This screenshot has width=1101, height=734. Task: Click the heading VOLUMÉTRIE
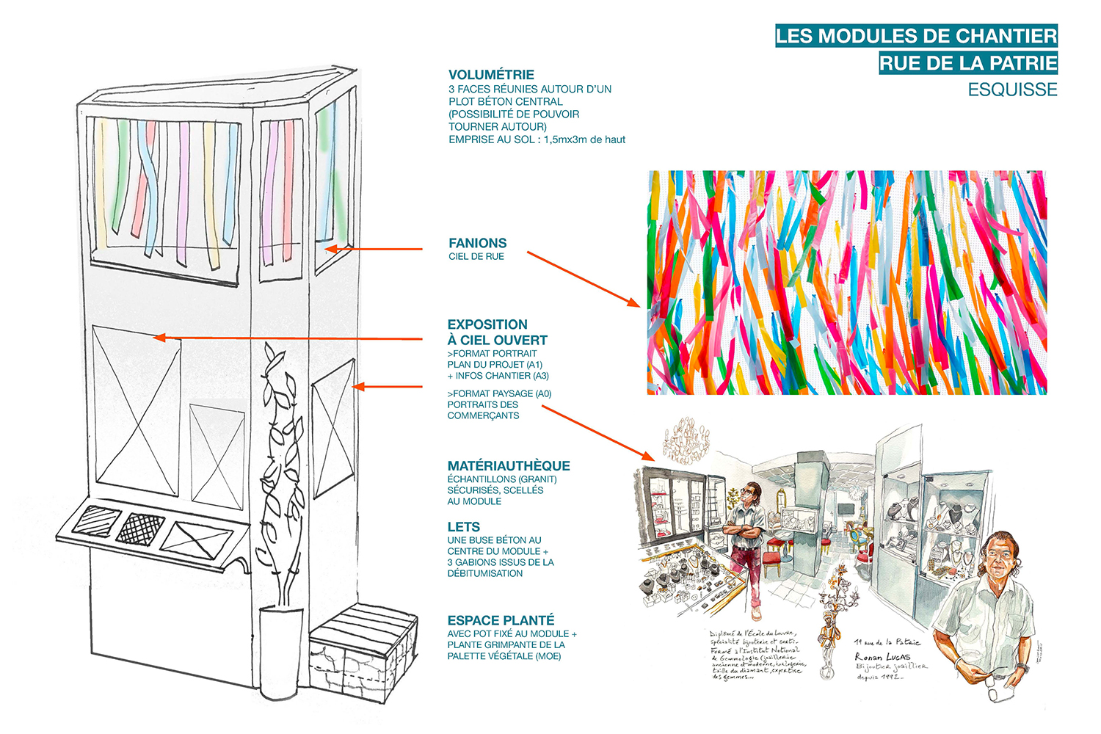point(491,75)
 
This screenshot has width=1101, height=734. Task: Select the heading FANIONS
point(477,243)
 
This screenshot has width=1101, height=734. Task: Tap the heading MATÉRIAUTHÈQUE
point(508,466)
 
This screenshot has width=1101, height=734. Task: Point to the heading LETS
point(463,527)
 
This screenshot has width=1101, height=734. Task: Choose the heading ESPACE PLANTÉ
point(501,621)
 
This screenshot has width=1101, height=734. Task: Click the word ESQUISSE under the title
point(1012,90)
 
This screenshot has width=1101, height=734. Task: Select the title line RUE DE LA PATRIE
point(968,63)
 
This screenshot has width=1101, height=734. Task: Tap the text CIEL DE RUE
point(476,257)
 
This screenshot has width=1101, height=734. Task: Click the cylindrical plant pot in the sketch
point(281,650)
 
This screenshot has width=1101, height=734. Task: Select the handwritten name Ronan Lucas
point(882,657)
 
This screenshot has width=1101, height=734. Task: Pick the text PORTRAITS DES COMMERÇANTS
point(483,410)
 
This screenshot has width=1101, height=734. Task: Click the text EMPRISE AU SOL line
point(537,139)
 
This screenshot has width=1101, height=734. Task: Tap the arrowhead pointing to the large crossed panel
point(157,338)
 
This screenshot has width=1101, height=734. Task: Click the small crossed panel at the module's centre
point(217,455)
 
